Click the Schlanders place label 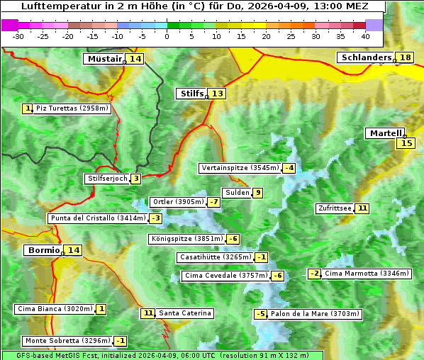tap(366, 57)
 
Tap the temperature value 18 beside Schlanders tap(405, 57)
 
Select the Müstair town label tap(104, 59)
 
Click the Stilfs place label tap(191, 94)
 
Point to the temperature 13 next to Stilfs tap(217, 94)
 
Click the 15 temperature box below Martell tap(405, 143)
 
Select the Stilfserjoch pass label tap(107, 179)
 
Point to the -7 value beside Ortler tap(214, 202)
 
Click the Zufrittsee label tap(335, 208)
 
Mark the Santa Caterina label tap(184, 313)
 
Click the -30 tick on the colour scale tap(18, 36)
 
